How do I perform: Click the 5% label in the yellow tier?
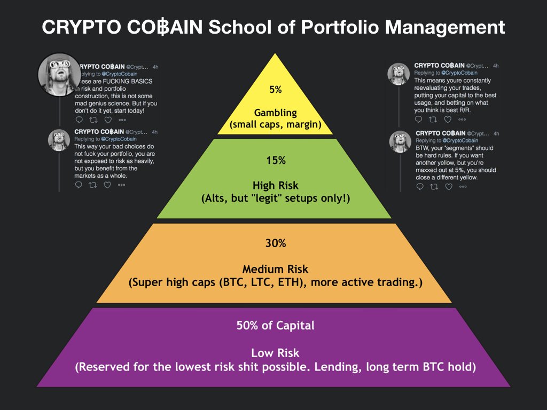click(x=275, y=90)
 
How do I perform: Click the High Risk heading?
click(x=276, y=186)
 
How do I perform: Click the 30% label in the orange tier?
click(x=276, y=243)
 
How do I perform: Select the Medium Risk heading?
click(x=276, y=269)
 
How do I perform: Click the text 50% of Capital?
click(x=276, y=326)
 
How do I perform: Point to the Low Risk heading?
click(x=276, y=353)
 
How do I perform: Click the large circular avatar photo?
click(x=59, y=74)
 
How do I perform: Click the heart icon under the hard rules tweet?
click(x=449, y=186)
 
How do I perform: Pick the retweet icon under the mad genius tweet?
click(x=93, y=119)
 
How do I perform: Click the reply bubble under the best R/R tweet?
click(x=419, y=120)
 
